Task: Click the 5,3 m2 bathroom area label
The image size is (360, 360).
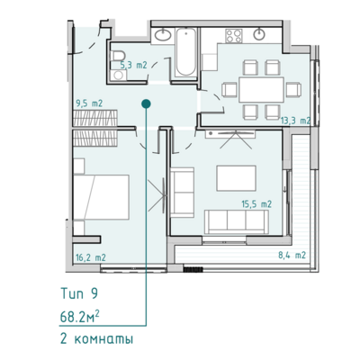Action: click(133, 65)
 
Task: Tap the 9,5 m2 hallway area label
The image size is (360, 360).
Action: click(89, 103)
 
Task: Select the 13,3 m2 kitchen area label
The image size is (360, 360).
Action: click(295, 121)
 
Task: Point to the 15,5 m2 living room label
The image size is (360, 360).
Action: click(256, 204)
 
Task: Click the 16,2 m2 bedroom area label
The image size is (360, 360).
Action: click(90, 257)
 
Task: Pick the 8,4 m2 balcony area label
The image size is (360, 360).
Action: click(292, 256)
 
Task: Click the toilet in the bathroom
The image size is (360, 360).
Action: click(118, 56)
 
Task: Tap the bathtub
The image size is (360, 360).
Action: click(186, 51)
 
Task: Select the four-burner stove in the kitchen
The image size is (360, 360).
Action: click(234, 36)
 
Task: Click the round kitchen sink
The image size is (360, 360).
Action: click(259, 34)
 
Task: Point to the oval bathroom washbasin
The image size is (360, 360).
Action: click(163, 35)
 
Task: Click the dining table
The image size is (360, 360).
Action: click(261, 89)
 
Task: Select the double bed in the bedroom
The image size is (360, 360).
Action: click(101, 197)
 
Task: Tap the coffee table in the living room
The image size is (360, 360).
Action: click(237, 178)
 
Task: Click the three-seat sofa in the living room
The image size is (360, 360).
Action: click(237, 221)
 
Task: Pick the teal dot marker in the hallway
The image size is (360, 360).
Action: click(146, 103)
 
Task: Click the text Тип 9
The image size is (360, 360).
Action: click(79, 293)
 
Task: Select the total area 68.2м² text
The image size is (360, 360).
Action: click(80, 318)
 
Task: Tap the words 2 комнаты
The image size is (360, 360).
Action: click(96, 339)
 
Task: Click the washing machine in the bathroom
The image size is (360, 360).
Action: click(119, 75)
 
